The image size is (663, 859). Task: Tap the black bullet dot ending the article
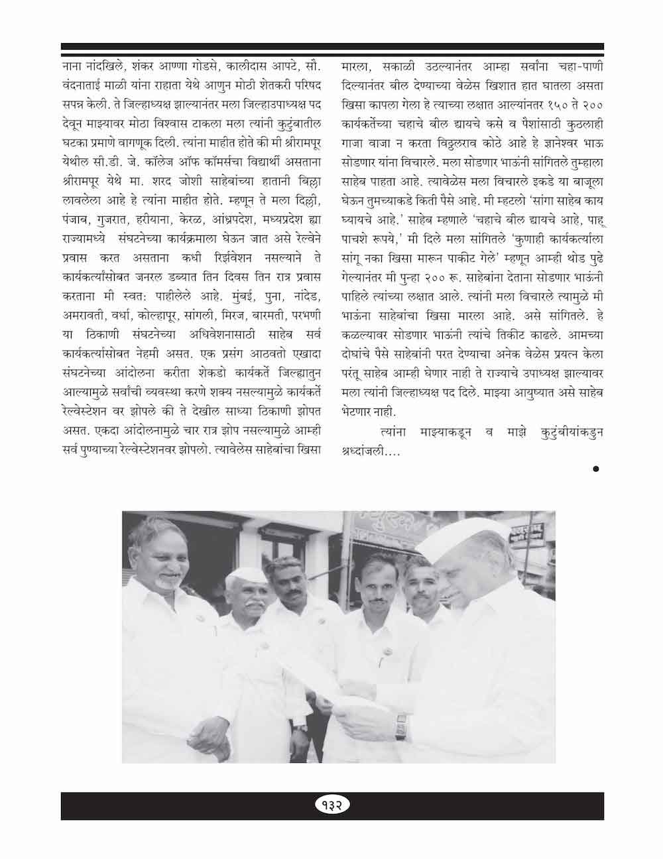pos(595,469)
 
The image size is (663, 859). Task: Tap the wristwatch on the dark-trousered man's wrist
pos(300,728)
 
